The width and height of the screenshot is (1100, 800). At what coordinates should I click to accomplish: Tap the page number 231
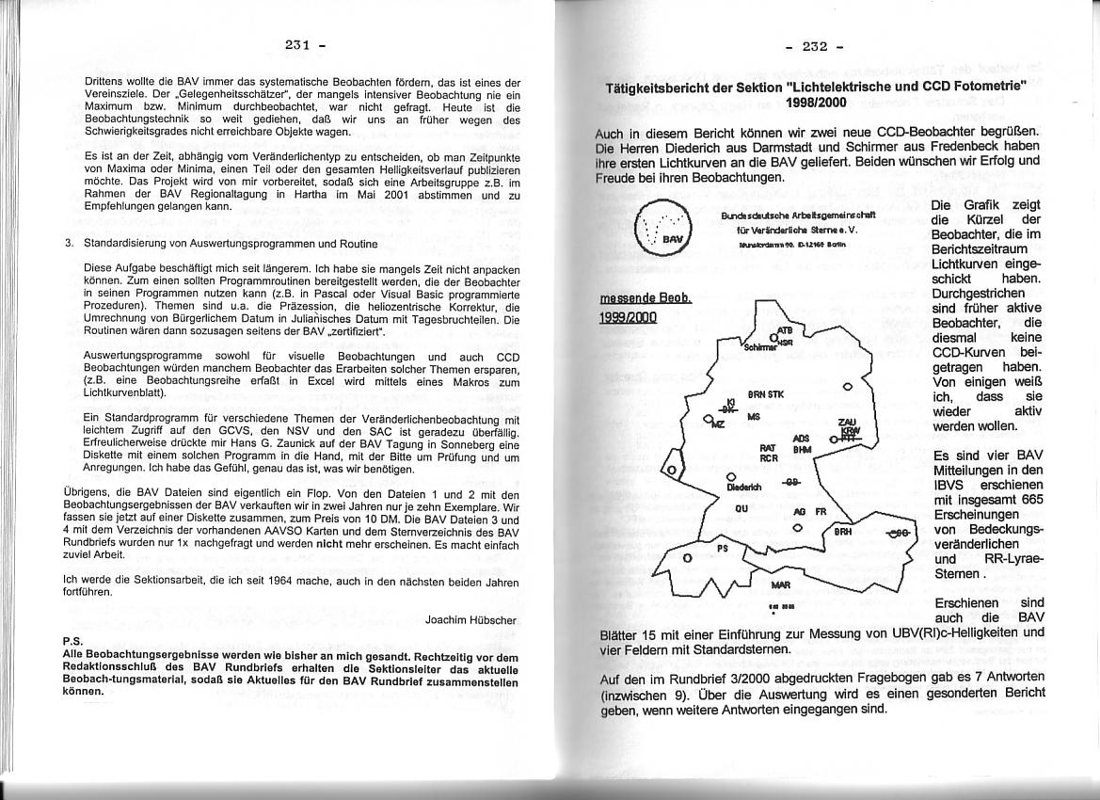pyautogui.click(x=297, y=44)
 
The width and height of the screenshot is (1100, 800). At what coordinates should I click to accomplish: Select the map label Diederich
pyautogui.click(x=743, y=488)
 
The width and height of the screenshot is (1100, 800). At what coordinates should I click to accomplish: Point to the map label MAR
pyautogui.click(x=780, y=584)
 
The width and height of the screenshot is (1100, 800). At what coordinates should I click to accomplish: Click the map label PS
pyautogui.click(x=723, y=547)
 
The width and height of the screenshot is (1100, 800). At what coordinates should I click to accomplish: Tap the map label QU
pyautogui.click(x=741, y=507)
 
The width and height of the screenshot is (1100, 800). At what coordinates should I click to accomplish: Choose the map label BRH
pyautogui.click(x=843, y=532)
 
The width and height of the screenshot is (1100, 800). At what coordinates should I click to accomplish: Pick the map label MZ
pyautogui.click(x=718, y=425)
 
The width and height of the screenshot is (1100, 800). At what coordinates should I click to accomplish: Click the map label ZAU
pyautogui.click(x=847, y=423)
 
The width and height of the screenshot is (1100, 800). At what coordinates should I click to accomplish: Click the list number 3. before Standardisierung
pyautogui.click(x=70, y=244)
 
